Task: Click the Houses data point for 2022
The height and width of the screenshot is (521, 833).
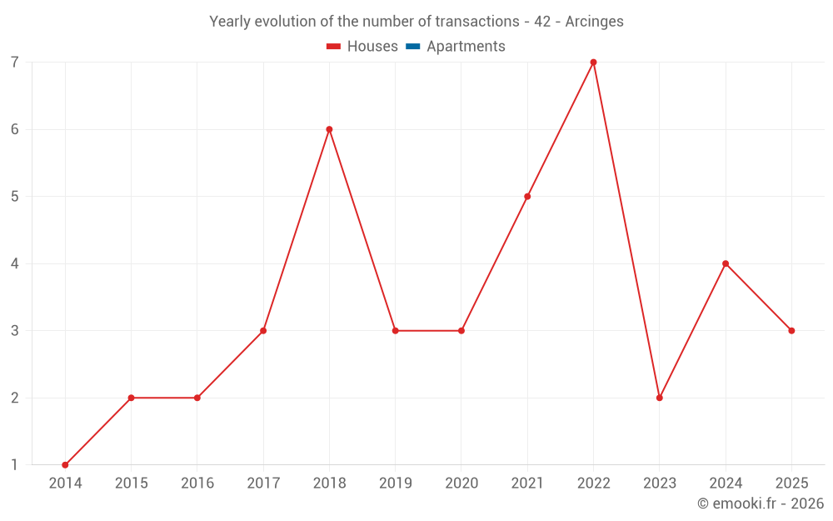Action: click(x=593, y=63)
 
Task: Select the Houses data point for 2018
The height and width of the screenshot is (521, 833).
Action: click(x=329, y=129)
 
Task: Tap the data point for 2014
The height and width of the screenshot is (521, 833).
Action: click(x=65, y=465)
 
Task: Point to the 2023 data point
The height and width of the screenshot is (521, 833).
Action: click(x=659, y=398)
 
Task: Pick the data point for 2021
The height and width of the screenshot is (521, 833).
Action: click(x=527, y=197)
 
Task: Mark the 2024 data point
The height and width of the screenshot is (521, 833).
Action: click(x=726, y=263)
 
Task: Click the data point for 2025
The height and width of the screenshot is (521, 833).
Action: click(x=791, y=331)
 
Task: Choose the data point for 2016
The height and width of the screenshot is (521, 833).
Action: click(x=197, y=398)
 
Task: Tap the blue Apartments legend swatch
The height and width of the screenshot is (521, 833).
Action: click(x=412, y=47)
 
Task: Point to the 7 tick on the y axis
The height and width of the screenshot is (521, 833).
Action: click(x=15, y=63)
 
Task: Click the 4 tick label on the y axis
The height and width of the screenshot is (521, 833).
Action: click(x=15, y=263)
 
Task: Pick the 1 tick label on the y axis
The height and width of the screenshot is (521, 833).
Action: click(x=15, y=465)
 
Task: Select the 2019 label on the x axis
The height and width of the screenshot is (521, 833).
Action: click(x=395, y=483)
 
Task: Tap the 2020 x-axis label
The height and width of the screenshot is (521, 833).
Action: click(x=461, y=483)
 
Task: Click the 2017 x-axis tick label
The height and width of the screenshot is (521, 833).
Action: click(x=263, y=483)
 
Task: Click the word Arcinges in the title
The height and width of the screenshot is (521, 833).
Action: click(x=594, y=22)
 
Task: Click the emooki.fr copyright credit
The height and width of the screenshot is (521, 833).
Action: click(x=761, y=503)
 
